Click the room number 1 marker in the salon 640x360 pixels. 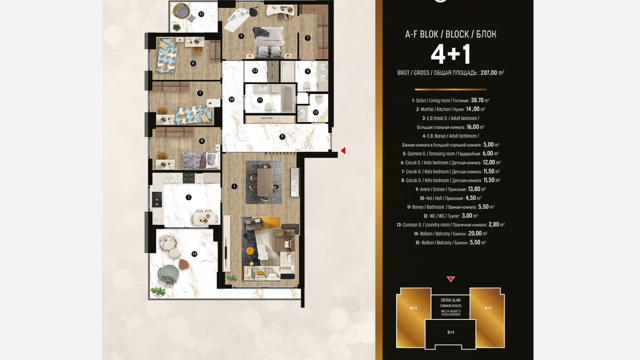(234, 186)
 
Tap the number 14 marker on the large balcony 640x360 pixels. (194, 254)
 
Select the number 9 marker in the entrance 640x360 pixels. (282, 137)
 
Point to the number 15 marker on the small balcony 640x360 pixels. (201, 14)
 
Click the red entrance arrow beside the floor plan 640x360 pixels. (343, 151)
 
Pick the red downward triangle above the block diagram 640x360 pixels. (451, 279)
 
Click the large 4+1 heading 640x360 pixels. (451, 54)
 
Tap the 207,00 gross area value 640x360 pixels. (489, 72)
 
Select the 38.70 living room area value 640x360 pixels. (477, 100)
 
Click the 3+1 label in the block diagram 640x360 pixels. (451, 332)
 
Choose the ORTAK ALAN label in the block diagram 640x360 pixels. (451, 300)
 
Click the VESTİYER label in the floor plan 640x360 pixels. (267, 118)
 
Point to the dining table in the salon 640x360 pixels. (265, 182)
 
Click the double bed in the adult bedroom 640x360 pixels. (269, 42)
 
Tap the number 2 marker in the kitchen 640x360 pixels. (189, 197)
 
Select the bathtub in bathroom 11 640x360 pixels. (288, 98)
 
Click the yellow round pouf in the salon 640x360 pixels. (250, 251)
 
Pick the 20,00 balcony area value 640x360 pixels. (475, 233)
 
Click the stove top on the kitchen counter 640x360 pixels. (189, 178)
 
